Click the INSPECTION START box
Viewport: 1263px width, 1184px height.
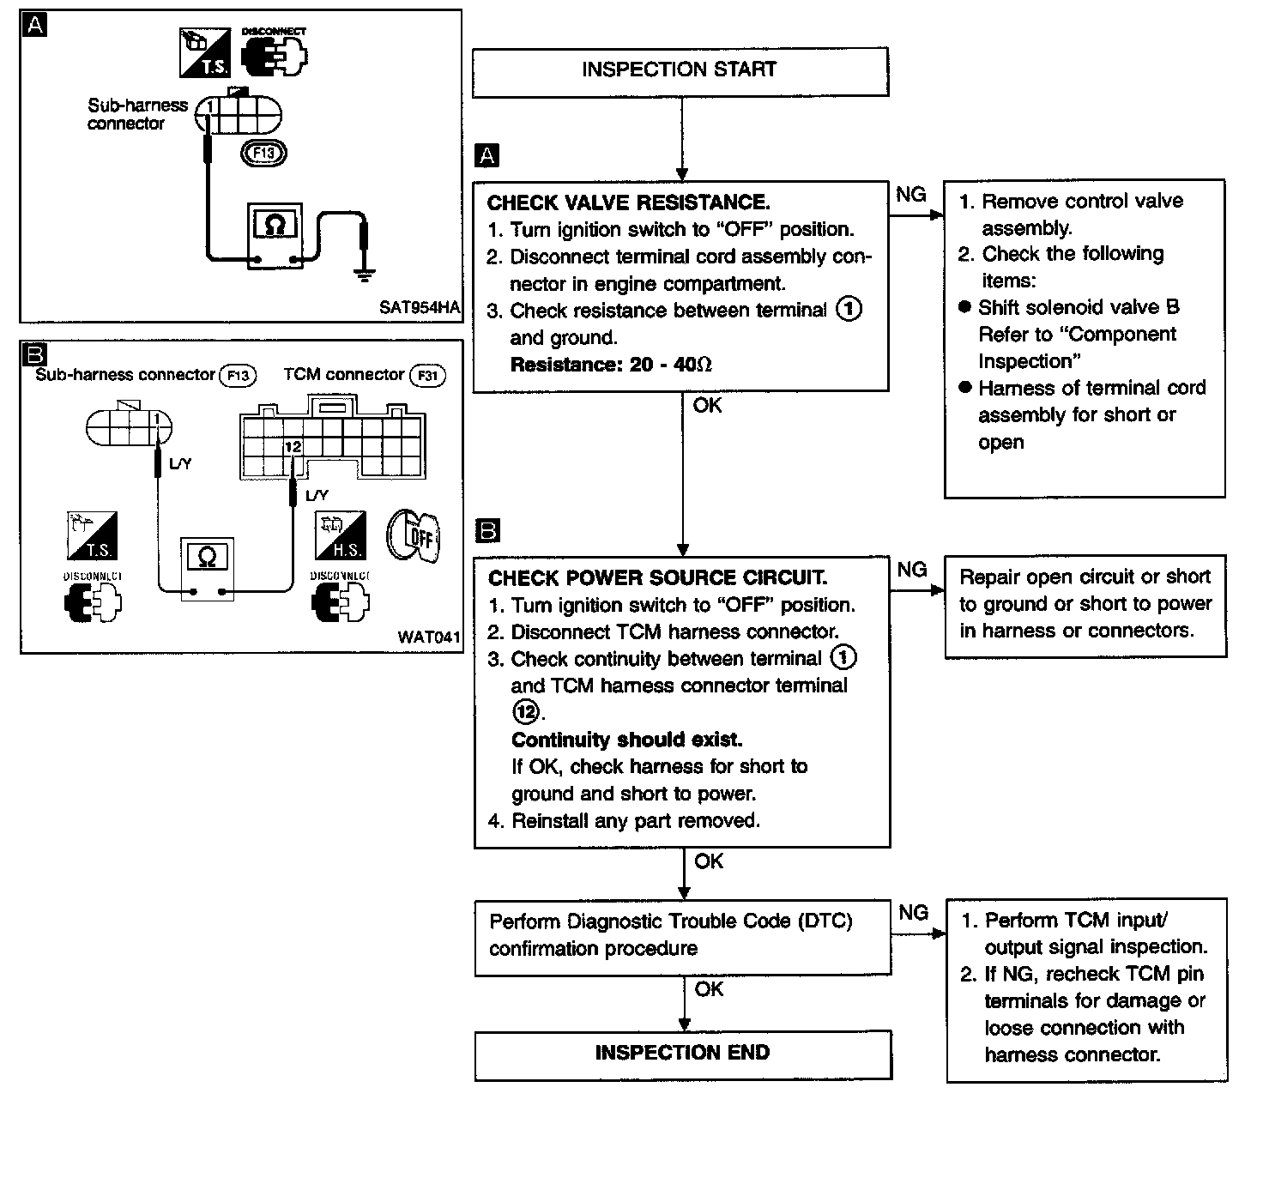[x=680, y=71]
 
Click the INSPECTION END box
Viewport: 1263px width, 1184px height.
[x=683, y=1054]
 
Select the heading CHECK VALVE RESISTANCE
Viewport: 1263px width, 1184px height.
[x=628, y=202]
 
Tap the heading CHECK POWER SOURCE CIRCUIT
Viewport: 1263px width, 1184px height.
[x=657, y=577]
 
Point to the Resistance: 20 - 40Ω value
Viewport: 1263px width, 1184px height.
[x=611, y=365]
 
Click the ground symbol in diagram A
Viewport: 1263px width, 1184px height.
[x=365, y=275]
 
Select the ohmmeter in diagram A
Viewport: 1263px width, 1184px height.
[x=275, y=235]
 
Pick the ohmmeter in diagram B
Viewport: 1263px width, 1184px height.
[x=208, y=569]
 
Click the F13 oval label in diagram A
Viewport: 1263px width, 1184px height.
[x=264, y=153]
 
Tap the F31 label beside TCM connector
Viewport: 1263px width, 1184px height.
[x=427, y=376]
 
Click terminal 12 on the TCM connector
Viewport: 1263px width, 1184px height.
[x=293, y=447]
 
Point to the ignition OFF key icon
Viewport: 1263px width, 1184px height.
[x=414, y=535]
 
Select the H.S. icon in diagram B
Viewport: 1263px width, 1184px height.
[x=341, y=535]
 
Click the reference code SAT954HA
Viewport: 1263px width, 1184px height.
[x=419, y=307]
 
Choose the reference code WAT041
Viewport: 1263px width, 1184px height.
[x=429, y=637]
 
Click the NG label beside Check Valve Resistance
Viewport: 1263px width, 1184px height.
[x=910, y=194]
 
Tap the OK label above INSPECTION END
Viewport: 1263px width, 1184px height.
[x=709, y=988]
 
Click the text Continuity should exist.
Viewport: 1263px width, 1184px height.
[x=627, y=740]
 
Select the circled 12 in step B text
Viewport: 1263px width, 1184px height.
[x=525, y=711]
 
